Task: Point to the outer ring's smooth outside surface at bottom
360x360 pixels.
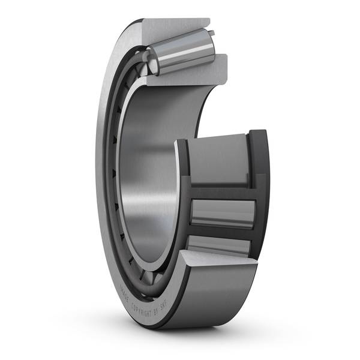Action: point(216,300)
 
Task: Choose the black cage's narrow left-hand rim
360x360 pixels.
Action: point(182,198)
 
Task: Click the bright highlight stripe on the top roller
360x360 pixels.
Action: point(186,48)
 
